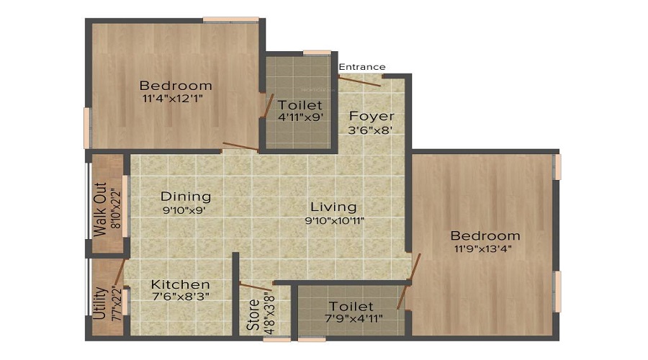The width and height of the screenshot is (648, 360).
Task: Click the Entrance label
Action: coord(362,67)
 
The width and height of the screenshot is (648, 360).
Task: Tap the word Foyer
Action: coord(372,116)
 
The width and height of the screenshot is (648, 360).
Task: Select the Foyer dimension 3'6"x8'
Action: coord(372,131)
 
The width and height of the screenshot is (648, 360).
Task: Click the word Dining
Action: coord(186,197)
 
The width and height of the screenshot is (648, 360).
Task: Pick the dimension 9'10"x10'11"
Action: coord(333,221)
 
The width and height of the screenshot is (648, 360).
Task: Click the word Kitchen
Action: coord(180,285)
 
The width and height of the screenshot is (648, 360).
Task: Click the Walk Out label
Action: coord(99,209)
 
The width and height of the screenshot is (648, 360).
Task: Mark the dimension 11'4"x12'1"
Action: coord(176,99)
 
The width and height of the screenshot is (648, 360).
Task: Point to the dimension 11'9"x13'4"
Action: coord(485,249)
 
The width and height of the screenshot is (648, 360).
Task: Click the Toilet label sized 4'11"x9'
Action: coord(300,105)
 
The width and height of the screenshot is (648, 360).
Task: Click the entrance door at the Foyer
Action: coord(361,81)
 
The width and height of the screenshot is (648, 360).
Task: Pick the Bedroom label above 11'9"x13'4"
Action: coord(485,235)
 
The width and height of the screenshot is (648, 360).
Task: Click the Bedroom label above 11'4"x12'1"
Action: coord(176,86)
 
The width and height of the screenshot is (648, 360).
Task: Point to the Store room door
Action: coord(256,287)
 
